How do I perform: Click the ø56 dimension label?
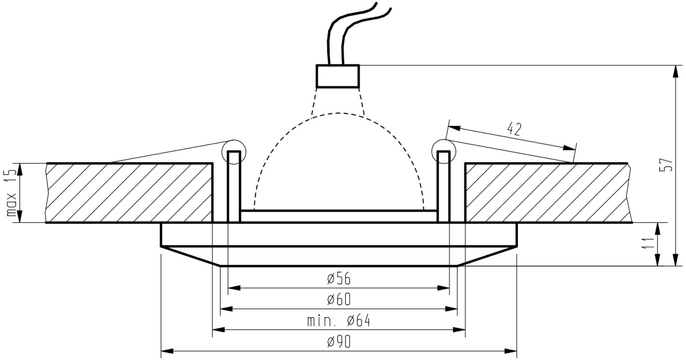(x=338, y=279)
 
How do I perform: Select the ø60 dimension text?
(x=338, y=299)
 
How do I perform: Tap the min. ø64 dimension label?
(x=338, y=321)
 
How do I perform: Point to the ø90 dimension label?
(x=338, y=342)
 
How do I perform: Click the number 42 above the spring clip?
(x=514, y=129)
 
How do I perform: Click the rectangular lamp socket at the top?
(x=337, y=76)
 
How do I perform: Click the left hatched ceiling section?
(x=129, y=193)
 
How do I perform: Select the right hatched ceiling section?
(x=548, y=193)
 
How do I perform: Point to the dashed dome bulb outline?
(x=338, y=113)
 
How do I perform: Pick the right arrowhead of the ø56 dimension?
(x=443, y=288)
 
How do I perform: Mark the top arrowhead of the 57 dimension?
(x=675, y=71)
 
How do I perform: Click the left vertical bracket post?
(x=234, y=186)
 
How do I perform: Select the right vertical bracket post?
(x=444, y=186)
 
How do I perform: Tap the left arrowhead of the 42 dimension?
(x=454, y=127)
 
